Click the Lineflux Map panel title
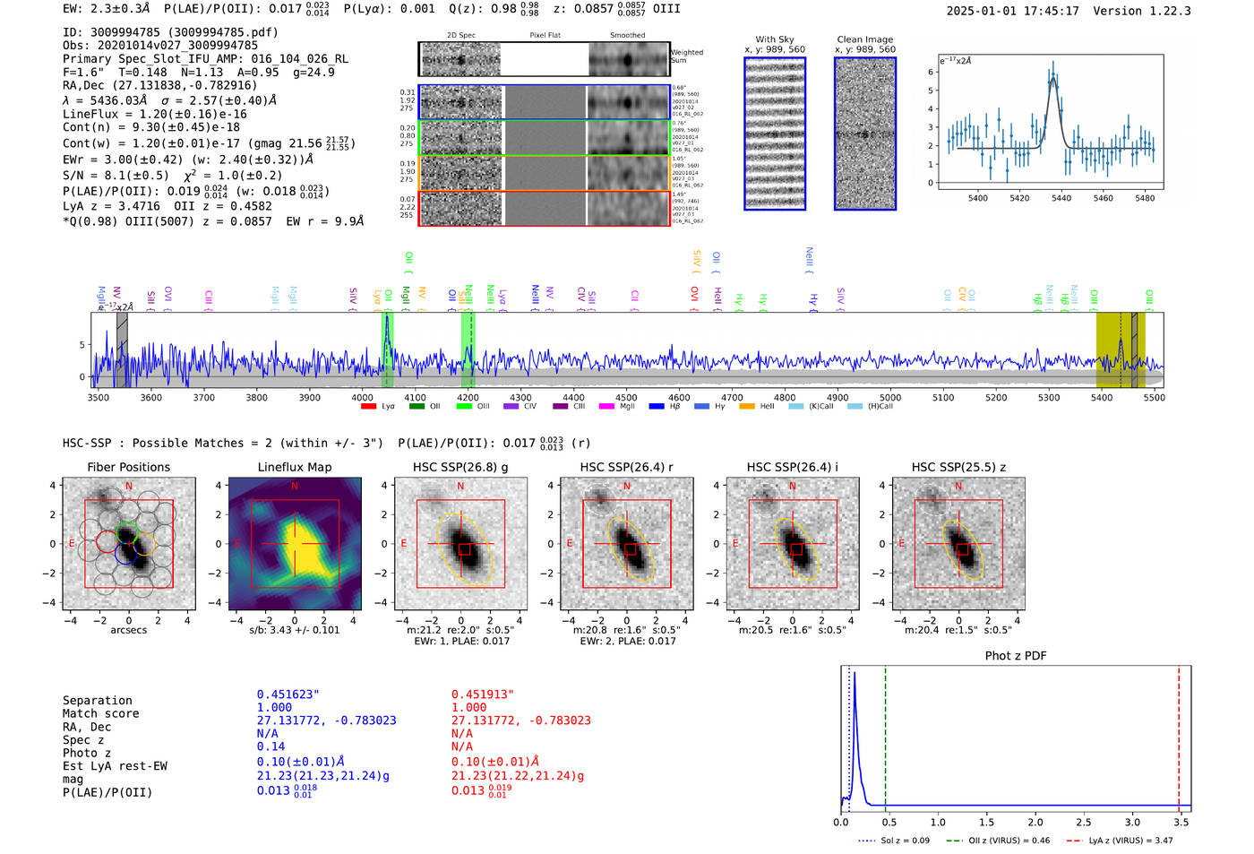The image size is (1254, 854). point(294,467)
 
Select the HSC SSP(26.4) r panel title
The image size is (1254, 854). point(626,467)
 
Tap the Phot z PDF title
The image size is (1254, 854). point(1016,656)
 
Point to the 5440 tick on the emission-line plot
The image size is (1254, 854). point(1061,198)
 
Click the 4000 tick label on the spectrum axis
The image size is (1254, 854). point(362,397)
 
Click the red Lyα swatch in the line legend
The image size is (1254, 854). point(368,407)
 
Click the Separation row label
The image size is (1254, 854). point(97,701)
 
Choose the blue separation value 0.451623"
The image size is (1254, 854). point(288,694)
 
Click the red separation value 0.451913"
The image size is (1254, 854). point(482,694)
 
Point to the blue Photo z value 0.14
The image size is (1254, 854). point(271,746)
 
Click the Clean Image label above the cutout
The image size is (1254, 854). point(864,39)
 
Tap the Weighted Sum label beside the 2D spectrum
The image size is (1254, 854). point(687,56)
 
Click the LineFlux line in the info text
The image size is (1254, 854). point(154,114)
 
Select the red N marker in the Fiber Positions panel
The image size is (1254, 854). point(129,487)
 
